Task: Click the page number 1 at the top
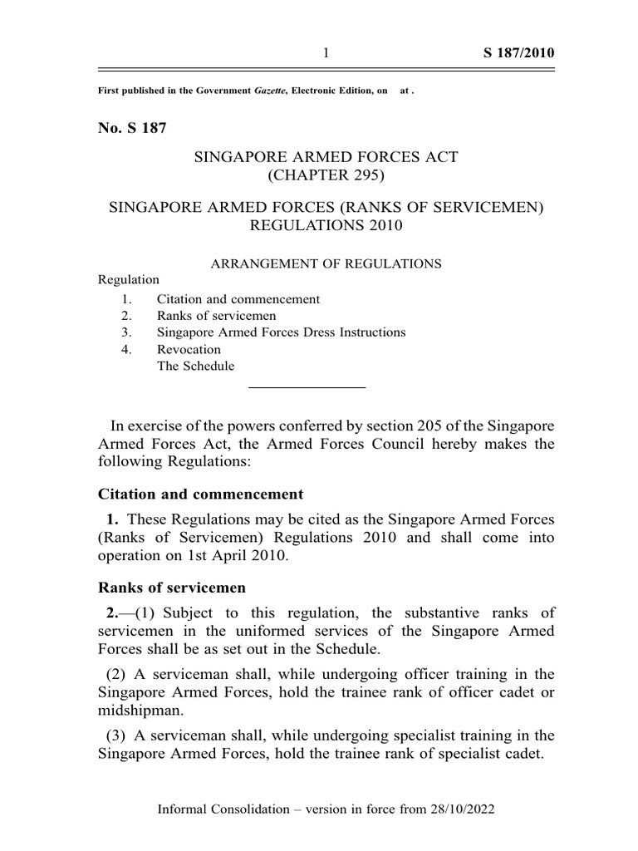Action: pyautogui.click(x=326, y=54)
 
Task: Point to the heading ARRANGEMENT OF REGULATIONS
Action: pyautogui.click(x=325, y=263)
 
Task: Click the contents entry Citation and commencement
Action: pyautogui.click(x=238, y=299)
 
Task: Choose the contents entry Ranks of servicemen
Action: pyautogui.click(x=216, y=316)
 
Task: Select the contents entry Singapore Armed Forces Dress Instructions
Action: pyautogui.click(x=281, y=332)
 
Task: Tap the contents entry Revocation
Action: pyautogui.click(x=189, y=350)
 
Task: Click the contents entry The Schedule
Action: pyautogui.click(x=195, y=366)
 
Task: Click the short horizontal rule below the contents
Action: pyautogui.click(x=307, y=387)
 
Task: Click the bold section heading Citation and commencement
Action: pyautogui.click(x=201, y=494)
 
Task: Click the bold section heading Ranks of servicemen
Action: pyautogui.click(x=172, y=588)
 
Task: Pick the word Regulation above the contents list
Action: pyautogui.click(x=129, y=280)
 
